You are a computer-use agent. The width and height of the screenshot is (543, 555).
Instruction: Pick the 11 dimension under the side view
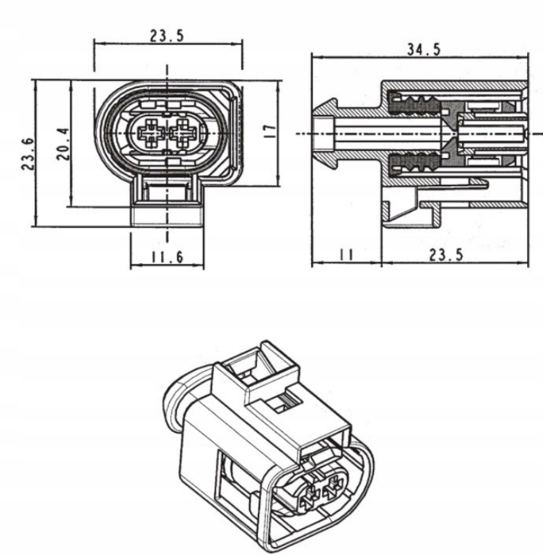pyautogui.click(x=347, y=255)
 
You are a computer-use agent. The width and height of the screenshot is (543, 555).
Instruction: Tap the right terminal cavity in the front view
pyautogui.click(x=183, y=132)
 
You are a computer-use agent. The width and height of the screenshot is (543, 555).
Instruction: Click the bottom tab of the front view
pyautogui.click(x=167, y=207)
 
